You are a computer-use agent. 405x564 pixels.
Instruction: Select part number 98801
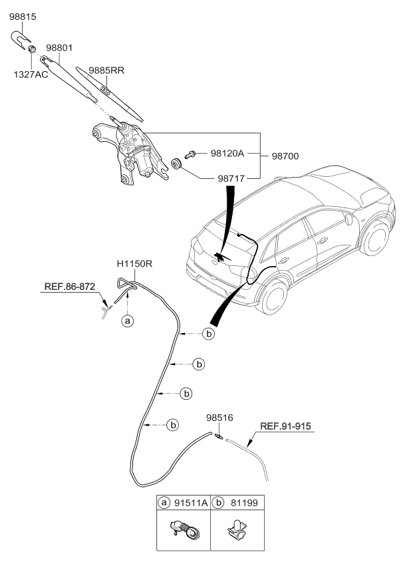[x=61, y=48]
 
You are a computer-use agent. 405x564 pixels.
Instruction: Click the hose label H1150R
[x=135, y=264]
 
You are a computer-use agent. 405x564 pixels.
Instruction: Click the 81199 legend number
[x=237, y=504]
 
